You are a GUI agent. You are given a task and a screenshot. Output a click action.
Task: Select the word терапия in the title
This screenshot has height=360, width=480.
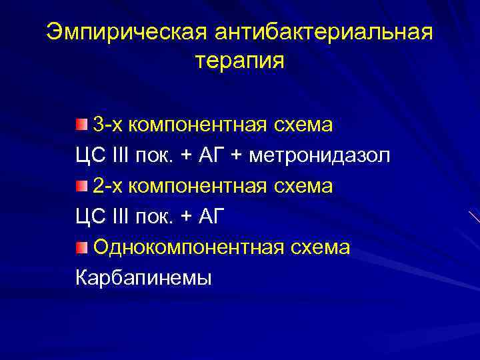(240, 62)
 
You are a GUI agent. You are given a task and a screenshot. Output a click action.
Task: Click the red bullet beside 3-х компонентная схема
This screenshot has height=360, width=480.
(81, 124)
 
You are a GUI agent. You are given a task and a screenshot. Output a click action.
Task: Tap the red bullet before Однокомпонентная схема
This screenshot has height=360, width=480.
(81, 248)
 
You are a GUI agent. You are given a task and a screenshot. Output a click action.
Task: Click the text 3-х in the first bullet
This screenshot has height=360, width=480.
(107, 125)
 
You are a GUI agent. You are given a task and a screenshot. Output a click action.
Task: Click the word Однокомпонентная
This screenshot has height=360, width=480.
(188, 248)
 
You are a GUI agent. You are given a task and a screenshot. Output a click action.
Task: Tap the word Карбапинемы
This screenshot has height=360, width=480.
(143, 278)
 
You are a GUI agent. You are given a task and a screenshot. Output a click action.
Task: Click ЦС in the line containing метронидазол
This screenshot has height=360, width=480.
(88, 155)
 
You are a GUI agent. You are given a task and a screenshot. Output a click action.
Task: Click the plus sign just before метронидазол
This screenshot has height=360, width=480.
(237, 156)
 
